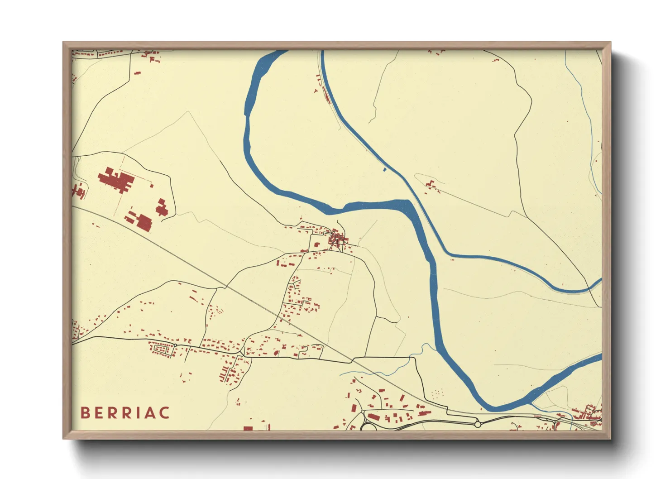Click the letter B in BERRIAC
(85, 413)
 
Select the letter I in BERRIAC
(139, 413)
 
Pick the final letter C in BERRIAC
(165, 413)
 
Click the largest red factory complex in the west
(116, 180)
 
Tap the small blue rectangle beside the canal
(385, 170)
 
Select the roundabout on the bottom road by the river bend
(477, 424)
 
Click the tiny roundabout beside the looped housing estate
(175, 345)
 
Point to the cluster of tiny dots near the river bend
(436, 393)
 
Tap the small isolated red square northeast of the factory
(152, 185)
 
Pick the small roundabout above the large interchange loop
(362, 412)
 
